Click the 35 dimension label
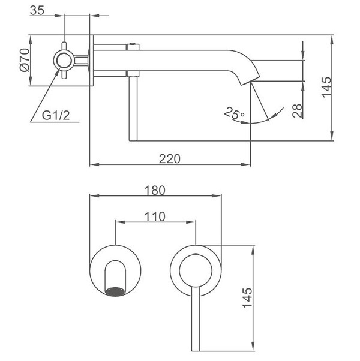point(37,10)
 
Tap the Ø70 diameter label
point(25,60)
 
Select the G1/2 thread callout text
point(56,115)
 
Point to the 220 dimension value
point(170,159)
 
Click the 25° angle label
point(234,113)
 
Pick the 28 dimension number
point(297,111)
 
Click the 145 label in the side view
point(326,88)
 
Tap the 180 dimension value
point(155,191)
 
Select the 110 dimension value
point(155,216)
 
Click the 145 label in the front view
point(247,297)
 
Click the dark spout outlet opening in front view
point(115,291)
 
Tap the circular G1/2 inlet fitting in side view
point(64,61)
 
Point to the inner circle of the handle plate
point(196,270)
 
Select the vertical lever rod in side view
point(133,108)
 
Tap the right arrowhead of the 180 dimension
point(217,196)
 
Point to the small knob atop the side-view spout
point(133,44)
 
